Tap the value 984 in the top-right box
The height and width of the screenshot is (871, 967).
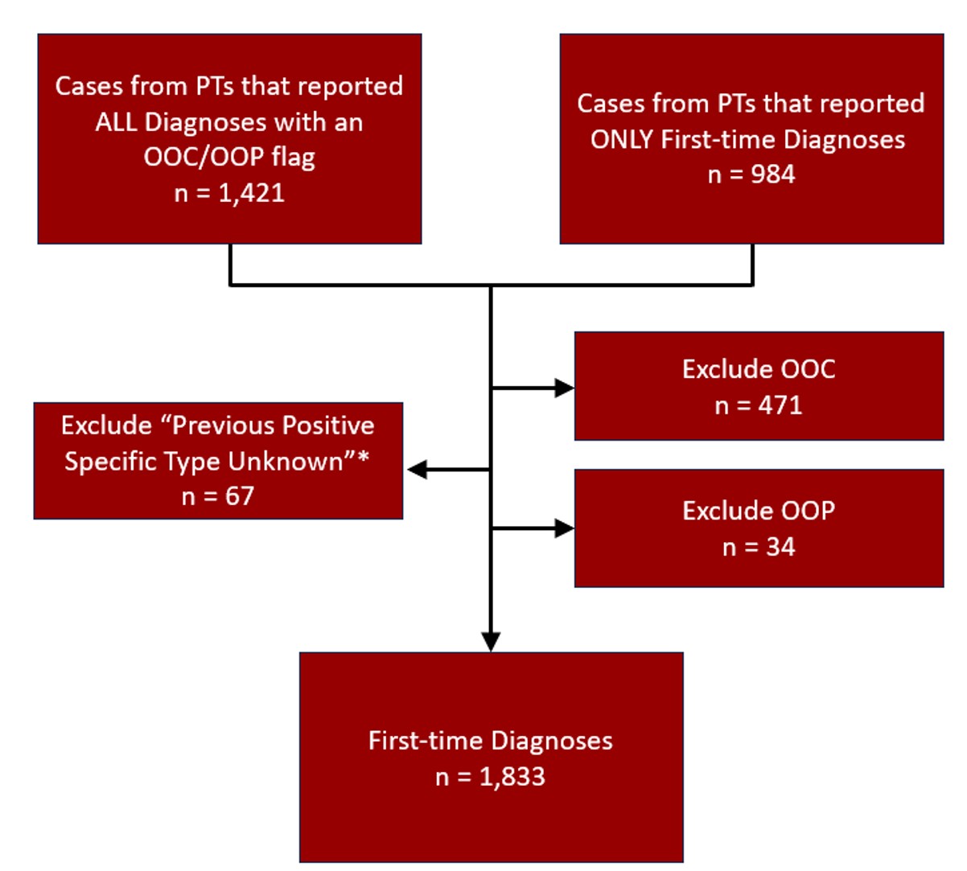coord(772,175)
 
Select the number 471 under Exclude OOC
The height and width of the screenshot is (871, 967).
coord(780,405)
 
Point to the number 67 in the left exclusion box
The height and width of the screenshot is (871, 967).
coord(239,496)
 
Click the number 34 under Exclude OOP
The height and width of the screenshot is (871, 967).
coord(780,548)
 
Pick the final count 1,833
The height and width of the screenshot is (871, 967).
coord(512,777)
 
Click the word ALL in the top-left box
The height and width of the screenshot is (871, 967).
coord(117,122)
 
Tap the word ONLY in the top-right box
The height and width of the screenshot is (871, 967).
coord(622,140)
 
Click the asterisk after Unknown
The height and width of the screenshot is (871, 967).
coord(364,459)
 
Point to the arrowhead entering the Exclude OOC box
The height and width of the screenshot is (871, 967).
coord(566,388)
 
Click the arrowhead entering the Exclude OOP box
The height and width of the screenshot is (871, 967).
coord(566,528)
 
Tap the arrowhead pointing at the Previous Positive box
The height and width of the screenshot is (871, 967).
coord(417,470)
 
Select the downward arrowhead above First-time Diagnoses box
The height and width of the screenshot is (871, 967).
coord(491,641)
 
